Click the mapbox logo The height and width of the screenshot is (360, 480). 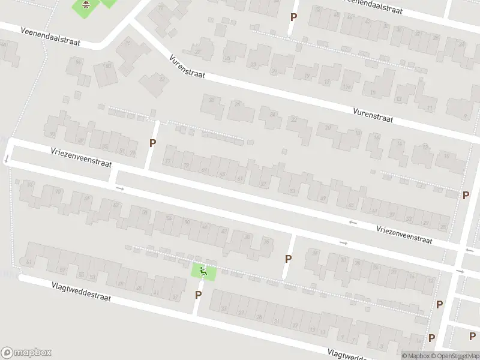[x=26, y=353]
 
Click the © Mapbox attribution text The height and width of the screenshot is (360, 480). [x=416, y=356]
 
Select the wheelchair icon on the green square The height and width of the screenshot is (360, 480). [x=203, y=272]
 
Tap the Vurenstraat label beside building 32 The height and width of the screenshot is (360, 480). [x=187, y=67]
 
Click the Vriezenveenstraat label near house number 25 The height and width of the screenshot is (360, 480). [x=404, y=233]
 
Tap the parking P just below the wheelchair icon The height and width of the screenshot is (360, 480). [x=198, y=295]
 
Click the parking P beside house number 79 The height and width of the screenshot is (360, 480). [x=152, y=143]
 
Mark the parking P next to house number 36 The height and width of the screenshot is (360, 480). [x=288, y=259]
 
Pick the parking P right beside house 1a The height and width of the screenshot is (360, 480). [x=431, y=338]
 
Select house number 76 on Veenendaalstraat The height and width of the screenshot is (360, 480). [x=127, y=43]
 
